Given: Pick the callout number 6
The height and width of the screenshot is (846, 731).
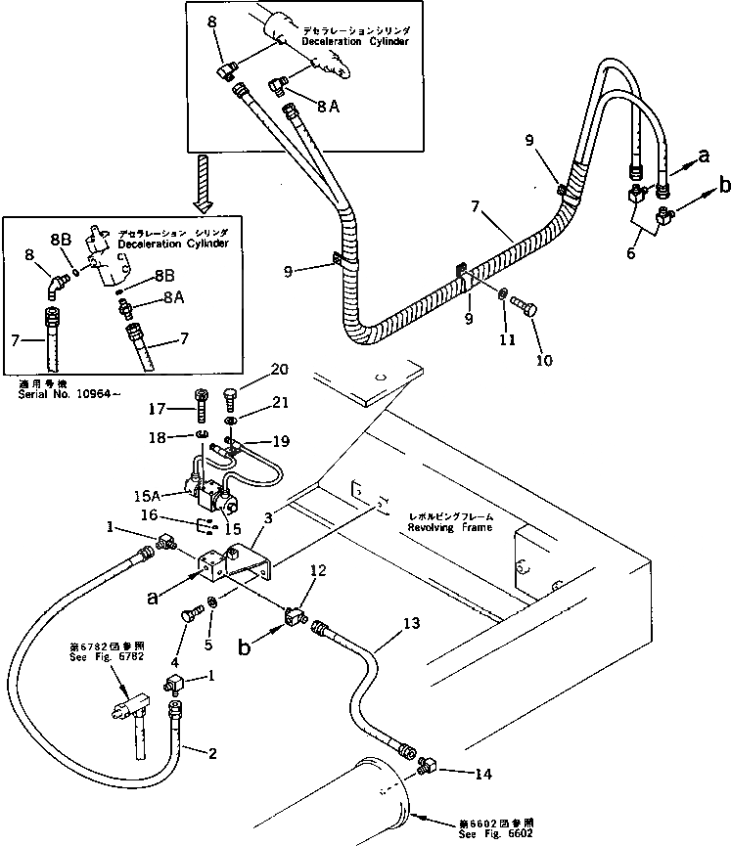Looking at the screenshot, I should [631, 252].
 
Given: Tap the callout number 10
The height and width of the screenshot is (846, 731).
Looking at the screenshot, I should [544, 359].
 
